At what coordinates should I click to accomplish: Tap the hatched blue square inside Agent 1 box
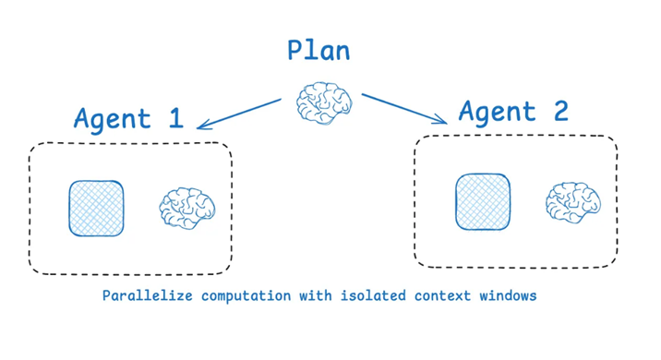[x=96, y=208]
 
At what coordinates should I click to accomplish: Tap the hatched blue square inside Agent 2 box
[x=483, y=202]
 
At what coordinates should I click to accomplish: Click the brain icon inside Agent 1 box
[x=187, y=209]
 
